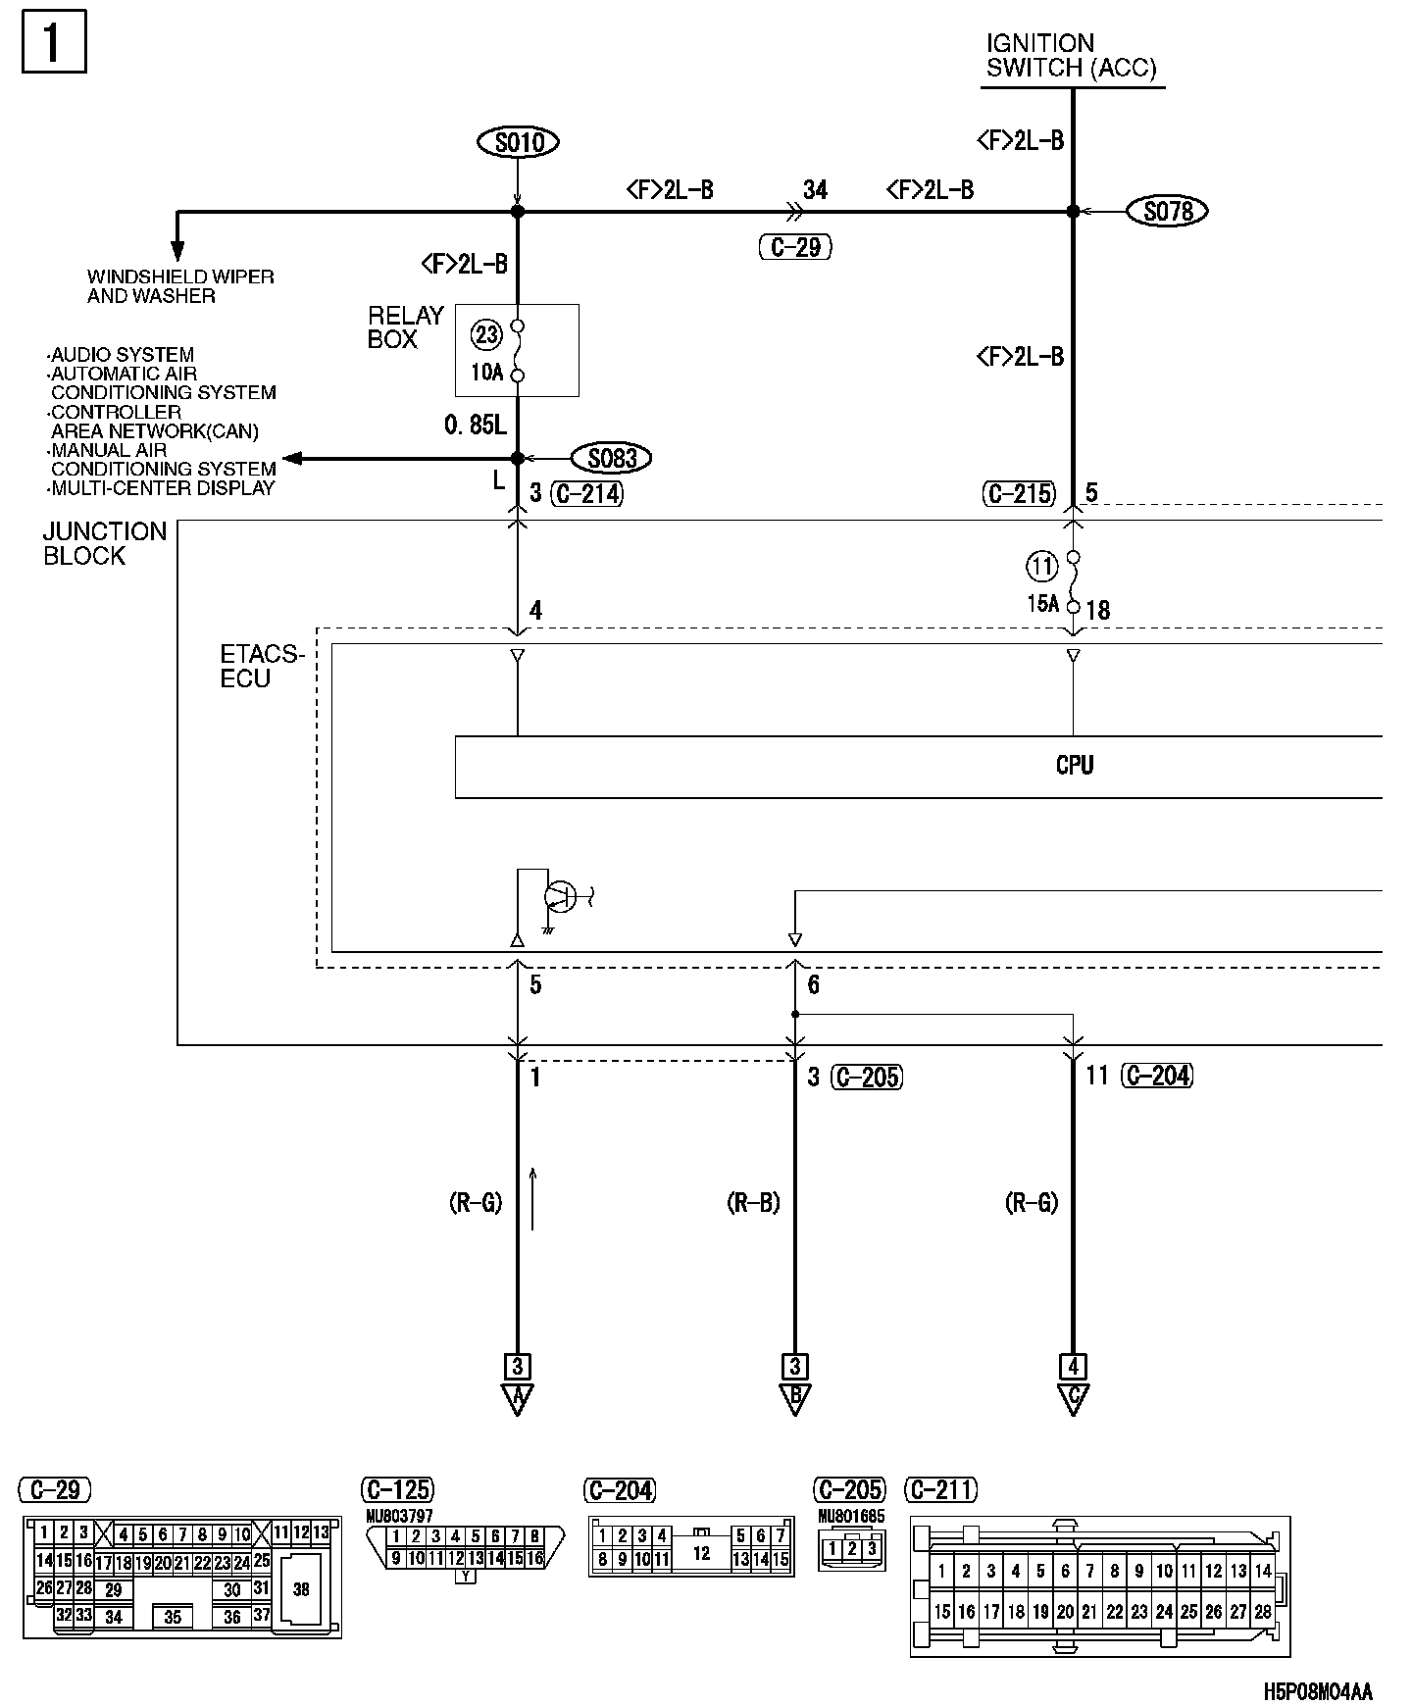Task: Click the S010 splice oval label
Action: pos(519,142)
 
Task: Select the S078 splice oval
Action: pos(1167,211)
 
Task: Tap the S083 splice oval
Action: pos(612,458)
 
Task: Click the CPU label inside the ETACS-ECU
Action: pos(1075,766)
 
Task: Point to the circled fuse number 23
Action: pos(486,335)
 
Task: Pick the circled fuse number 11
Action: pos(1041,566)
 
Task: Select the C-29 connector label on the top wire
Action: pos(795,247)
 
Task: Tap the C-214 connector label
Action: pos(586,493)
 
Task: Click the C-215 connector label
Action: pos(1019,494)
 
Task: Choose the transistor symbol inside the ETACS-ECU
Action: pos(560,895)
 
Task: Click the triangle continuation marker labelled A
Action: pos(517,1397)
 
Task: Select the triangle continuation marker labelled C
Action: pos(1073,1397)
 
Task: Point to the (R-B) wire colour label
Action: pos(753,1202)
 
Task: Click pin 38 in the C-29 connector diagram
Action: pos(301,1589)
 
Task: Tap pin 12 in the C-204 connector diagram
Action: pos(701,1554)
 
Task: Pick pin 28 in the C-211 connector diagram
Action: pos(1263,1611)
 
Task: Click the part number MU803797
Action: pos(399,1516)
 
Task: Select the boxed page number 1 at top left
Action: pos(54,41)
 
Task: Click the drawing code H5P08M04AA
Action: pos(1317,1691)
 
